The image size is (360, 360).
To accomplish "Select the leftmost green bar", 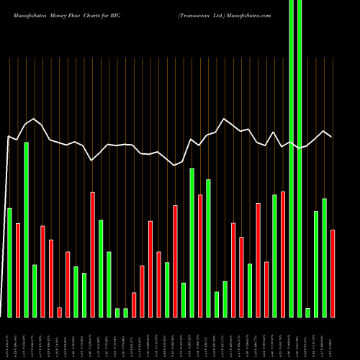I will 9,262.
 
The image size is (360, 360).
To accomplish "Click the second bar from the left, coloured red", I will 18,270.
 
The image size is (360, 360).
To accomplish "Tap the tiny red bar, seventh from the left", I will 59,312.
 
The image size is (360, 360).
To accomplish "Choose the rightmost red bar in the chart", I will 332,273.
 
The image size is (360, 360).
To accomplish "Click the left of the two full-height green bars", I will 291,158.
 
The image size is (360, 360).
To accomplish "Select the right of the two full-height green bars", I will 300,158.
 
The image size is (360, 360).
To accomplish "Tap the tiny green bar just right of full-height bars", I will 307,312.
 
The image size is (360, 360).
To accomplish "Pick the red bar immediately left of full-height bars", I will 283,254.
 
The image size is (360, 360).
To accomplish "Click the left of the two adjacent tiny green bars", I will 117,312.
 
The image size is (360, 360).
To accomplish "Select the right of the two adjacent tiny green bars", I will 125,312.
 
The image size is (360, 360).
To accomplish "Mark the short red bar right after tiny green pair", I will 134,305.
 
